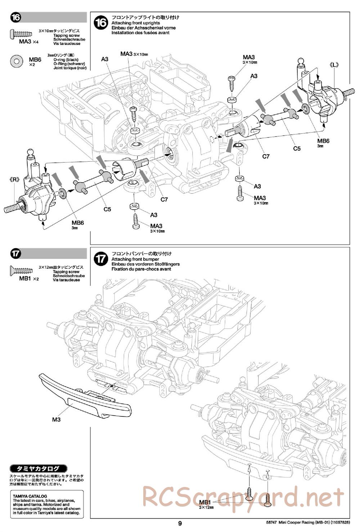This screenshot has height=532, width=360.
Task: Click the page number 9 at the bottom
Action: click(x=180, y=523)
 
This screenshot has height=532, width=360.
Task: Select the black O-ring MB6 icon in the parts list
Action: click(x=17, y=61)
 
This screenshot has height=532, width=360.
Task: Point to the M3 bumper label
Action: click(x=56, y=419)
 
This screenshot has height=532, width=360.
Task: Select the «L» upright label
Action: click(x=334, y=65)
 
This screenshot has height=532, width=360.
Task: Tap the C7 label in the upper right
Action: click(x=266, y=156)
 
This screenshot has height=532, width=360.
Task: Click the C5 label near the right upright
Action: click(x=297, y=148)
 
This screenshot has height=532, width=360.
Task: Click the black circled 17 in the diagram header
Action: click(x=101, y=259)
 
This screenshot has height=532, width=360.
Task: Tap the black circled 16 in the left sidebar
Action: click(x=16, y=17)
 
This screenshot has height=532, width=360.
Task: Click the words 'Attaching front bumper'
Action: click(x=135, y=259)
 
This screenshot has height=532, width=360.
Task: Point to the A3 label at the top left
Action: click(x=105, y=59)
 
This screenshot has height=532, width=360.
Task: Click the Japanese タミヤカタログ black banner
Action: click(x=39, y=469)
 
